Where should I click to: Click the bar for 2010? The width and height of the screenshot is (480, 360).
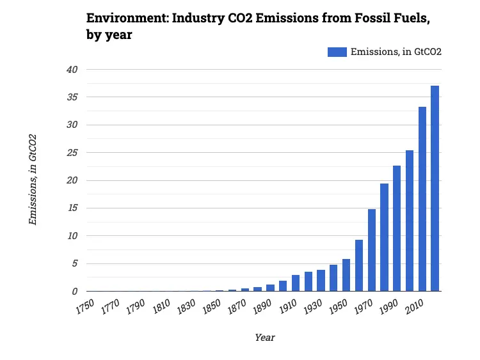(422, 199)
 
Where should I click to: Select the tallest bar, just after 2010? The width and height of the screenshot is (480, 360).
(435, 189)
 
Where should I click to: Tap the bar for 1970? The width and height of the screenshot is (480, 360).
(372, 250)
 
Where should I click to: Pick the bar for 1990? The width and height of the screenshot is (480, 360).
(397, 228)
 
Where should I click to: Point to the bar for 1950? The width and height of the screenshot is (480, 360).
(346, 275)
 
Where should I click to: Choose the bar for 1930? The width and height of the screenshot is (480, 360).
(321, 281)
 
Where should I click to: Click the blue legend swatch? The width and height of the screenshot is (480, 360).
(337, 52)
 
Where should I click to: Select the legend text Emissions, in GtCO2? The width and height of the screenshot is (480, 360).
(396, 52)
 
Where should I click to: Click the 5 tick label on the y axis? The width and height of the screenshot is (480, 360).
(75, 263)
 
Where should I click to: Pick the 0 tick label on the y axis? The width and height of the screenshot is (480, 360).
(75, 291)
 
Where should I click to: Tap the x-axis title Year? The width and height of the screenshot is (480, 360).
(264, 337)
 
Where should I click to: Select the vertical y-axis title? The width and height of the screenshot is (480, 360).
(33, 180)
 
